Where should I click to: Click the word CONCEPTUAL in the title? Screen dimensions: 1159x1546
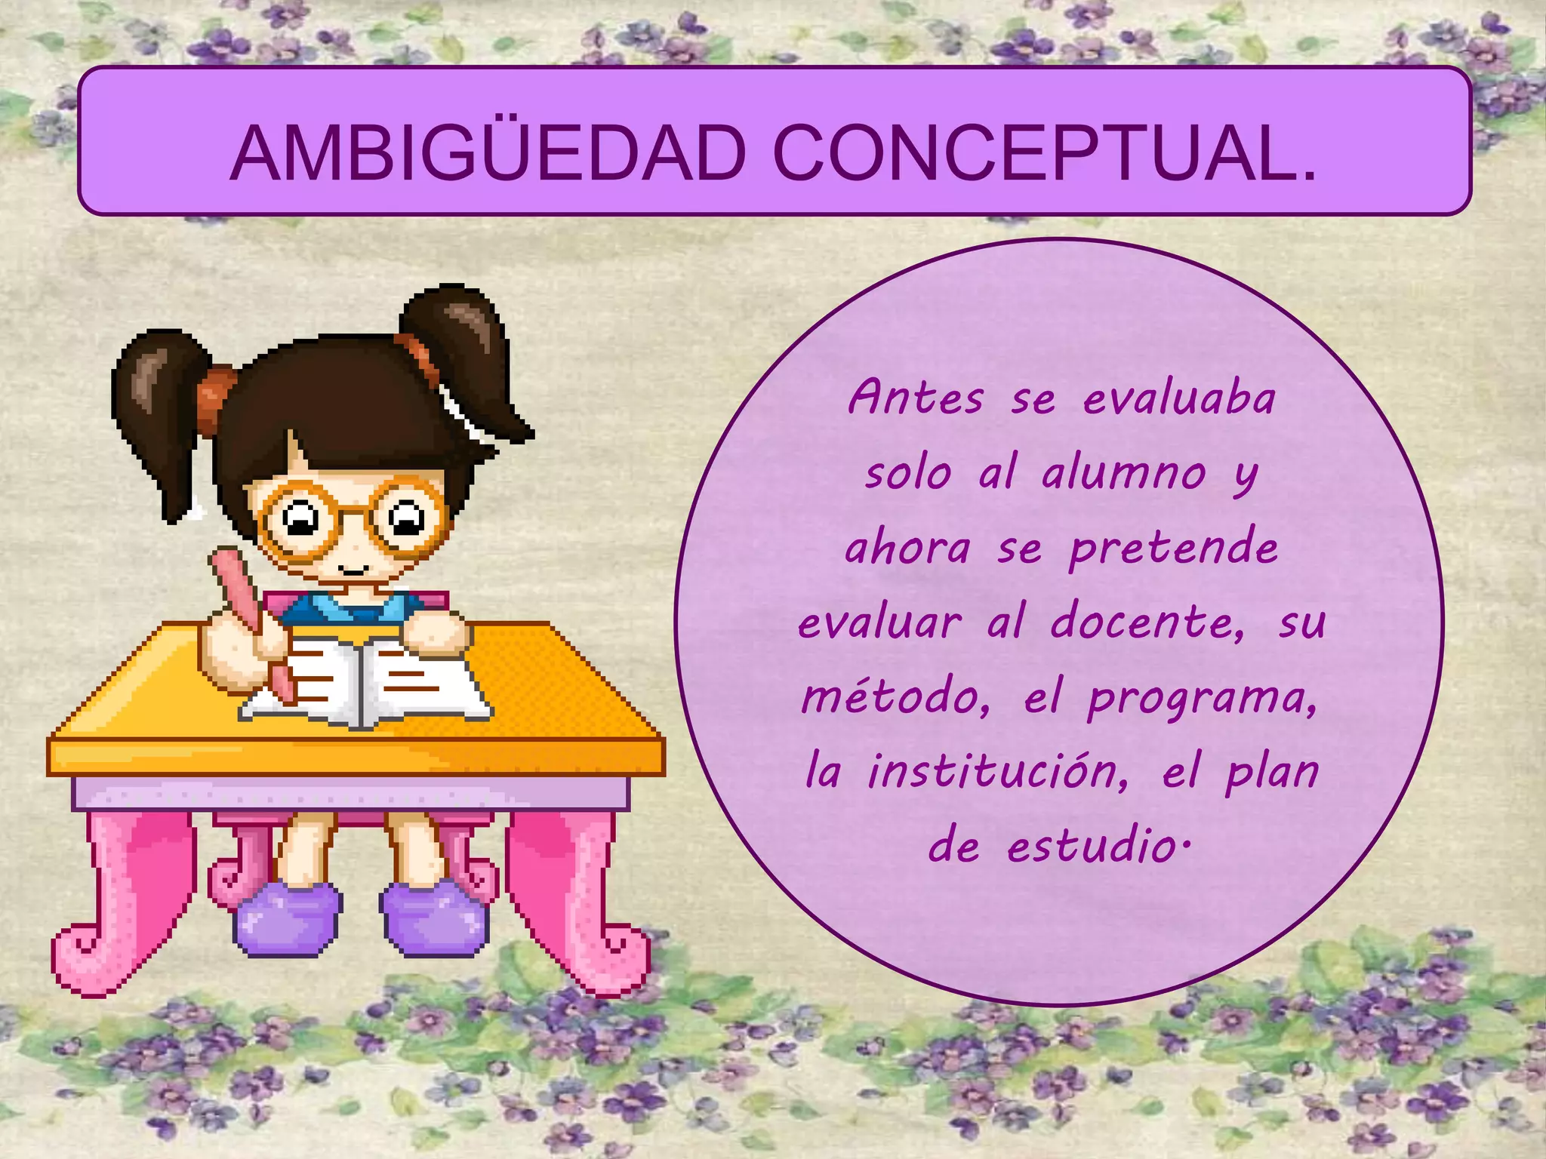tap(1045, 154)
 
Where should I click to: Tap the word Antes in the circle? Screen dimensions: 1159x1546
tap(916, 398)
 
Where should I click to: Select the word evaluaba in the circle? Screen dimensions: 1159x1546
tap(1179, 398)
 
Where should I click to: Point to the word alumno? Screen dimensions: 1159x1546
tap(1123, 474)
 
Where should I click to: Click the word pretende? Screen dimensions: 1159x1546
tap(1174, 549)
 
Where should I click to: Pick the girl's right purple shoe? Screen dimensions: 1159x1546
tap(435, 921)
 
